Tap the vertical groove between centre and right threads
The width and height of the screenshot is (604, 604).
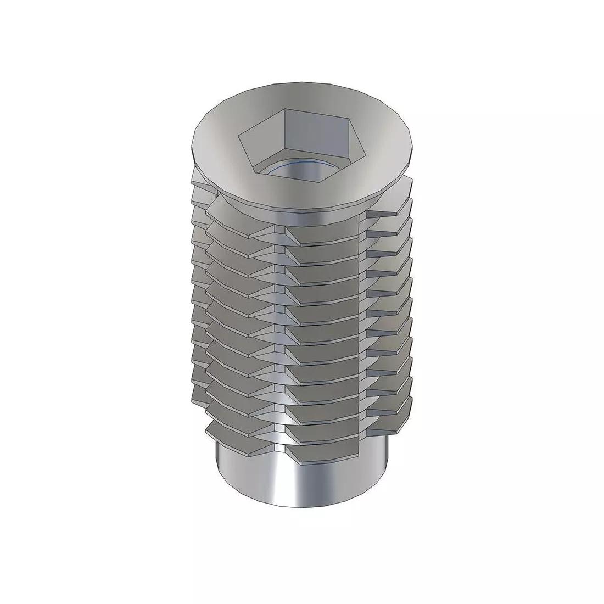coord(362,329)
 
